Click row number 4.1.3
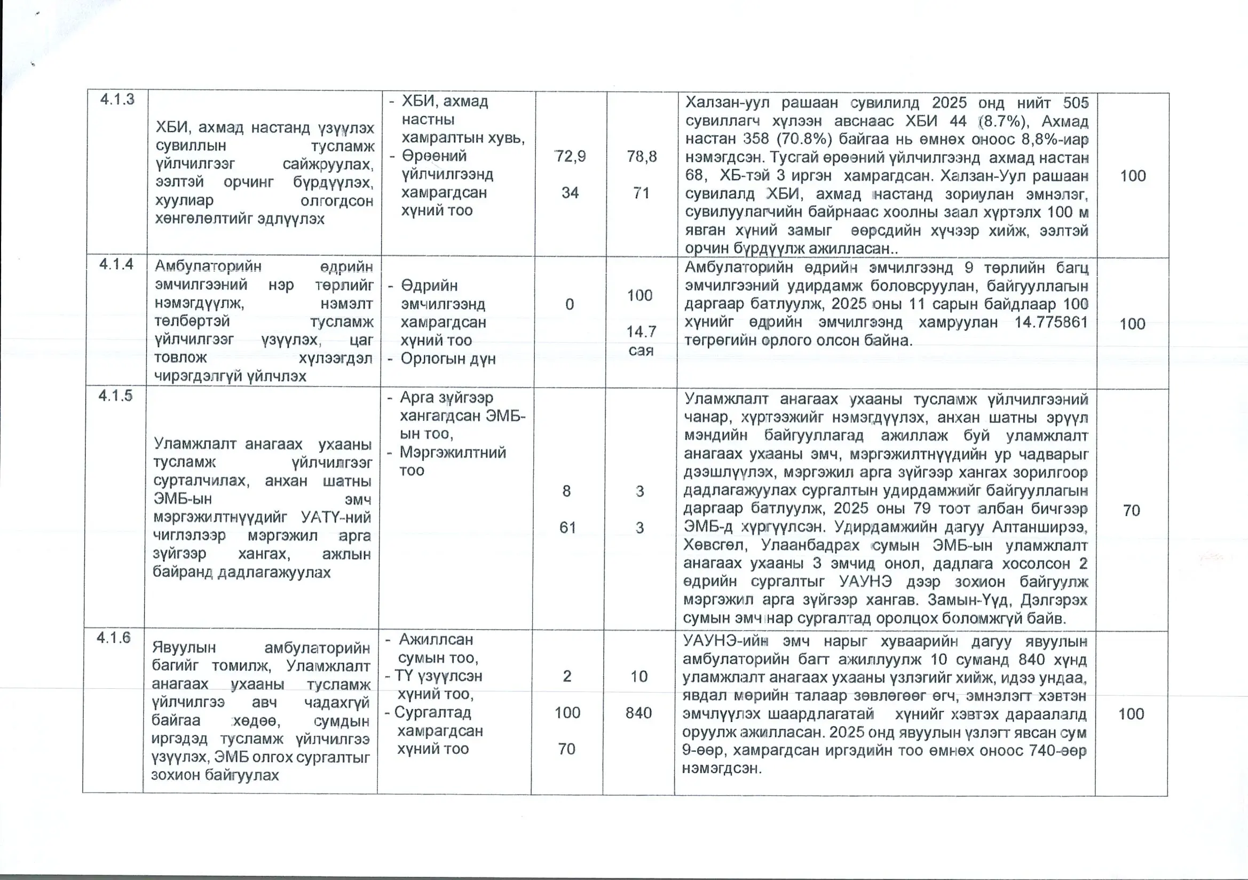coord(117,99)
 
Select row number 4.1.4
coord(116,264)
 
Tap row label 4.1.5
coord(115,396)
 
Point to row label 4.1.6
coord(114,638)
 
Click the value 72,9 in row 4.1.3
coord(570,156)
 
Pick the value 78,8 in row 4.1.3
coord(642,156)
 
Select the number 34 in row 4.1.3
coord(570,193)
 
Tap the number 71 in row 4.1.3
coord(642,193)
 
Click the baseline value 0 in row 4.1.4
coord(569,304)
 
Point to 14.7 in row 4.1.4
coord(642,331)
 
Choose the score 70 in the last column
coord(1131,510)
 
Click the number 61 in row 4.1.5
coord(567,528)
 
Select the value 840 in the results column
coord(638,712)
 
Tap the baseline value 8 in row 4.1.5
coord(566,491)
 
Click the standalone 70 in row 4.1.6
coord(566,749)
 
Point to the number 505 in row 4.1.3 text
coord(1076,103)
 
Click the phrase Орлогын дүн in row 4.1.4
coord(448,359)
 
